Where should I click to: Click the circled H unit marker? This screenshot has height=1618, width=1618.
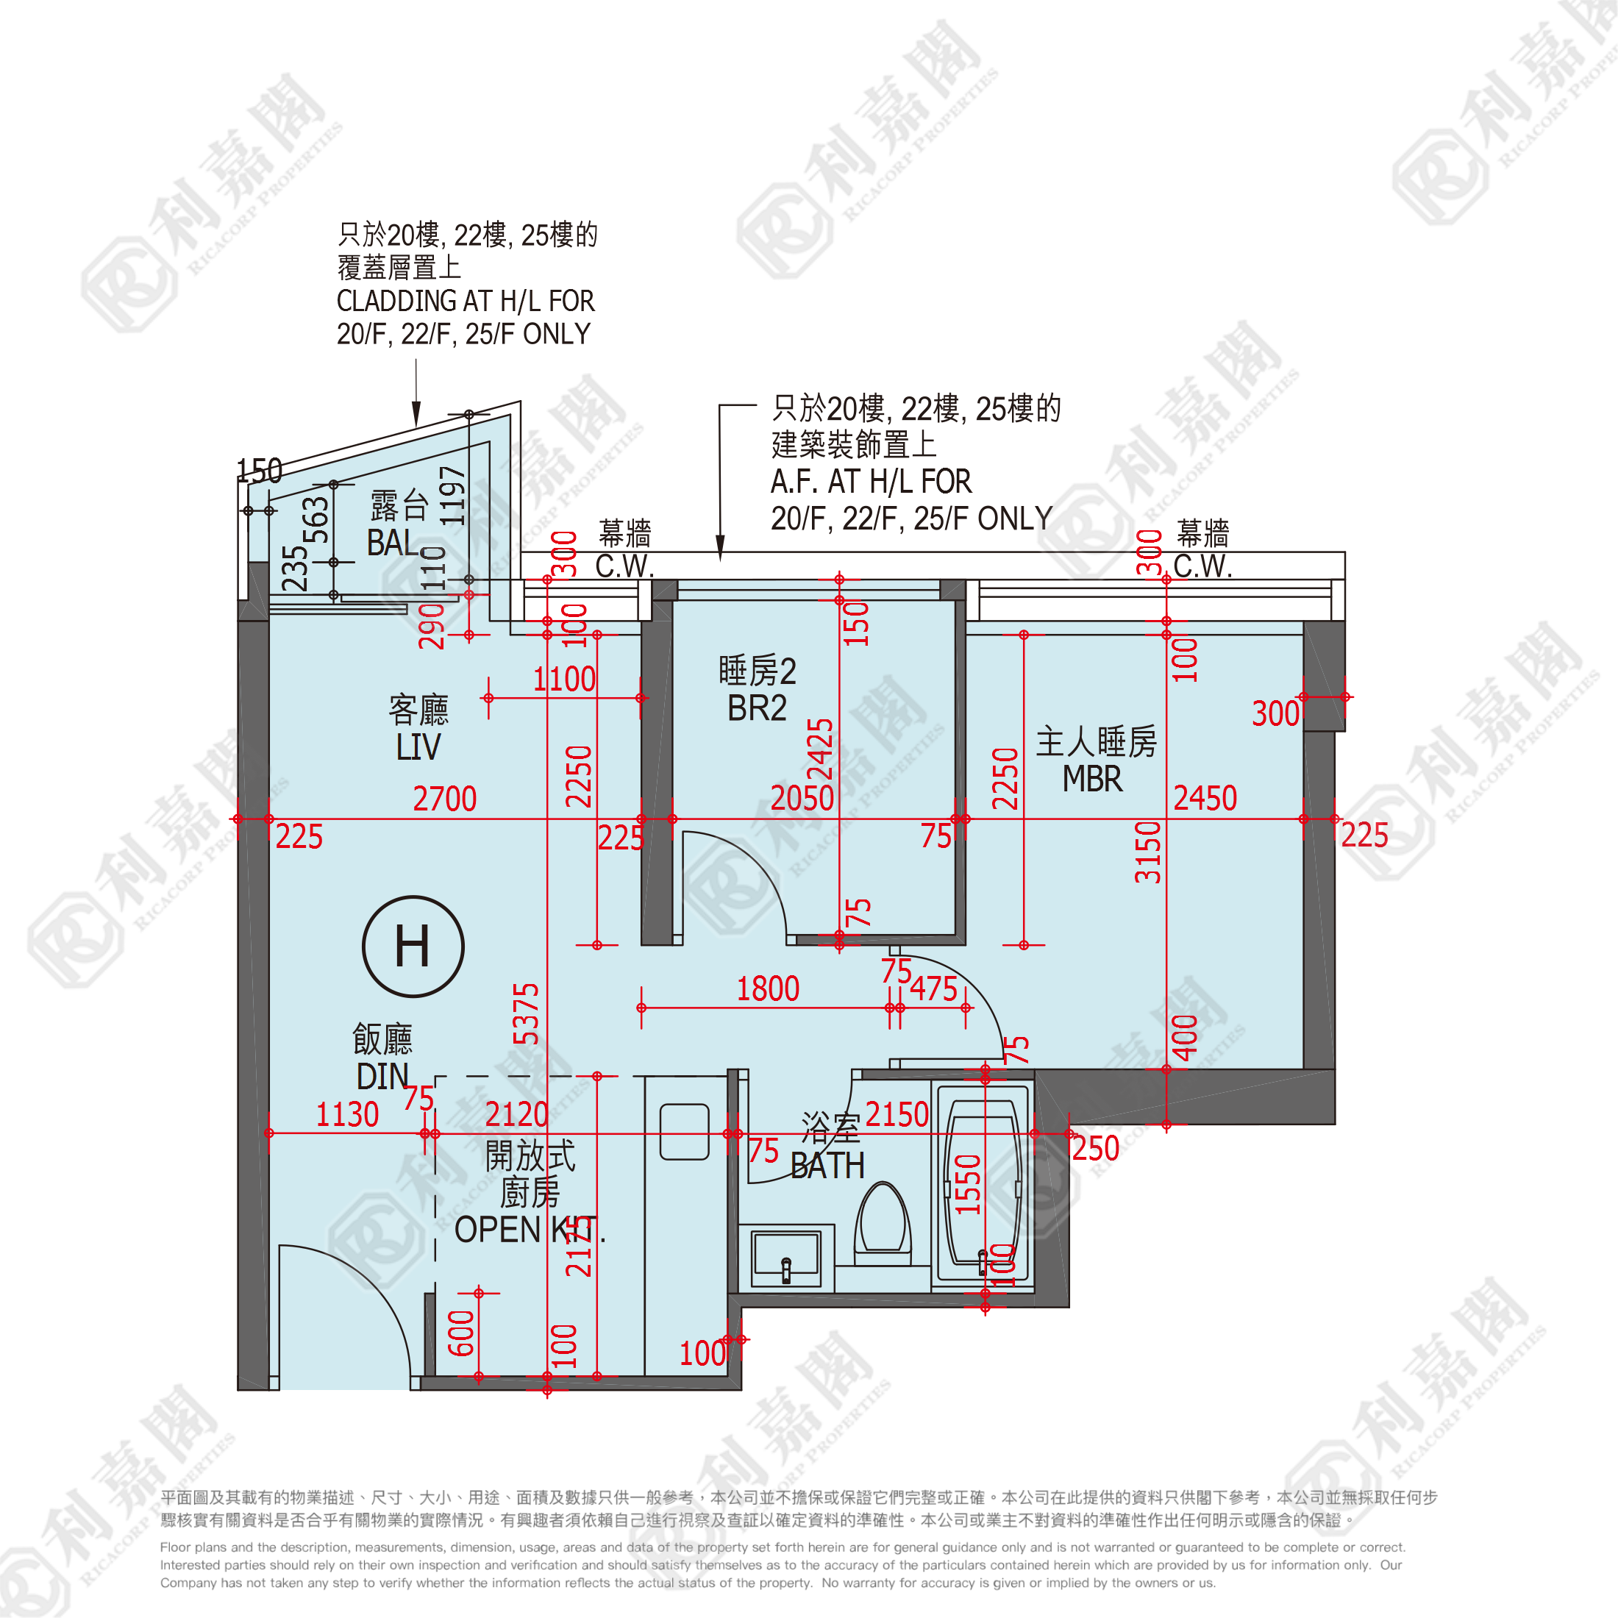(x=413, y=947)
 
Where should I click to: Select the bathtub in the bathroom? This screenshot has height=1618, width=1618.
(x=983, y=1183)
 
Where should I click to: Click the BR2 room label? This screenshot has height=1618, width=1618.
(x=757, y=708)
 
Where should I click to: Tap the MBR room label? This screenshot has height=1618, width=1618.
(x=1092, y=780)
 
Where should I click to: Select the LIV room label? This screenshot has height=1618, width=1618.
(x=418, y=747)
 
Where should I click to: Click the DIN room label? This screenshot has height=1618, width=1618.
(x=382, y=1077)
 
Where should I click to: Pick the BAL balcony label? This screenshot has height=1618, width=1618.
(x=391, y=543)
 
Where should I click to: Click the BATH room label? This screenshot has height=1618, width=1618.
(x=827, y=1166)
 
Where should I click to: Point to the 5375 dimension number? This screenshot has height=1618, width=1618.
(x=526, y=1014)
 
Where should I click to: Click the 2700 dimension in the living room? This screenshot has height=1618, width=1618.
(x=445, y=799)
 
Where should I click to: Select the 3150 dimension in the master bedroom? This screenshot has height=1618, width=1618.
(x=1148, y=852)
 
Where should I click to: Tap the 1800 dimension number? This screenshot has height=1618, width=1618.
(x=768, y=989)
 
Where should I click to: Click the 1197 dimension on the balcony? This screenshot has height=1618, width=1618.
(x=452, y=496)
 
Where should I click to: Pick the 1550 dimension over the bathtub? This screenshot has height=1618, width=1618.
(x=968, y=1184)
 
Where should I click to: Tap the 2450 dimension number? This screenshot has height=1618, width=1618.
(x=1204, y=798)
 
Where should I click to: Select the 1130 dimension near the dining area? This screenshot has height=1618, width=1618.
(x=346, y=1115)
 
